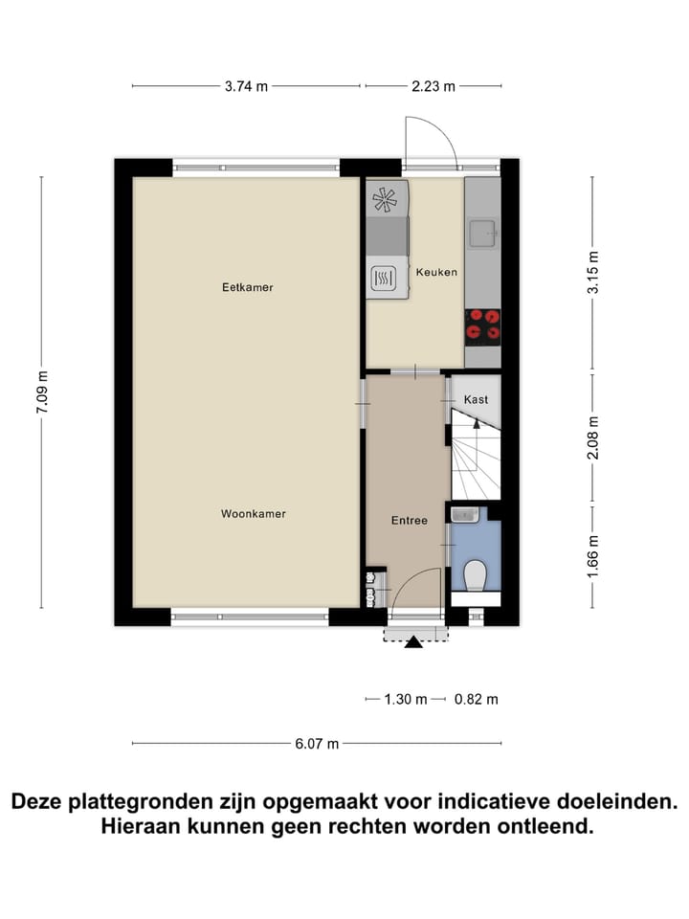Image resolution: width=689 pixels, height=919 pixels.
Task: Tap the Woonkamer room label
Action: coord(254,514)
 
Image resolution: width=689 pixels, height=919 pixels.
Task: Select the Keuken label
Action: coord(436,273)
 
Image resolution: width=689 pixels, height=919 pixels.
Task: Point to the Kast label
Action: coord(477,399)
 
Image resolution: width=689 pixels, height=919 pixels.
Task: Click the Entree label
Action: coord(408,521)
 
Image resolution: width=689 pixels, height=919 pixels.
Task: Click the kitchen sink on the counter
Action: coord(482,231)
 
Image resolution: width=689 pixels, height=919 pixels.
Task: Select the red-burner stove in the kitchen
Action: coord(482,326)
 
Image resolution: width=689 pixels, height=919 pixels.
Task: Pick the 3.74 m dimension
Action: coord(247,86)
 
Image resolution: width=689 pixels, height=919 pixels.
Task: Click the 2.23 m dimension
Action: coord(433,86)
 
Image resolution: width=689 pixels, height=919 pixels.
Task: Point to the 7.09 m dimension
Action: coord(41,392)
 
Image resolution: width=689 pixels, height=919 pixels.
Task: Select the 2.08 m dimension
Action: coord(592,437)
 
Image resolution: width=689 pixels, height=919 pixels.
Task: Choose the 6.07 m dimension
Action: coord(317,744)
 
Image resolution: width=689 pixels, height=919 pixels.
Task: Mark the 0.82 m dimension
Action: coord(476,699)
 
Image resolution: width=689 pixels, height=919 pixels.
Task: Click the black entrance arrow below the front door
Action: coord(413,642)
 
